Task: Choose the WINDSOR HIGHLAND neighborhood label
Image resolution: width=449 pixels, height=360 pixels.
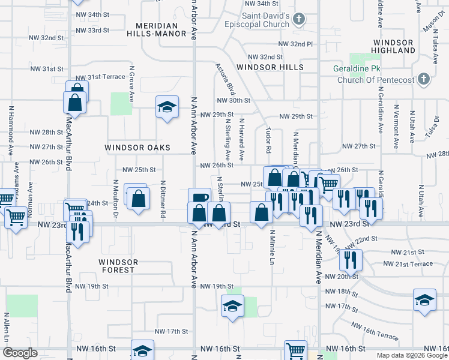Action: tap(393, 47)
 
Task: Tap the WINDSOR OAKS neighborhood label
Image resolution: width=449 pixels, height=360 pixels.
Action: tap(137, 148)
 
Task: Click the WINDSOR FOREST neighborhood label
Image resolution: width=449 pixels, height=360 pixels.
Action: tap(118, 266)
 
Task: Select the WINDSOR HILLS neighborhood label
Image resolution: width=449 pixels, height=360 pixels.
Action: tap(269, 67)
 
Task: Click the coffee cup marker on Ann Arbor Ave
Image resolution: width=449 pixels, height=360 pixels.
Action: tap(199, 197)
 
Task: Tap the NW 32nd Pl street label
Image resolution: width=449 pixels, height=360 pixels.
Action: tap(295, 44)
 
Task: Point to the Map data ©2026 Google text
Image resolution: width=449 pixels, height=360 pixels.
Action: tap(412, 355)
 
